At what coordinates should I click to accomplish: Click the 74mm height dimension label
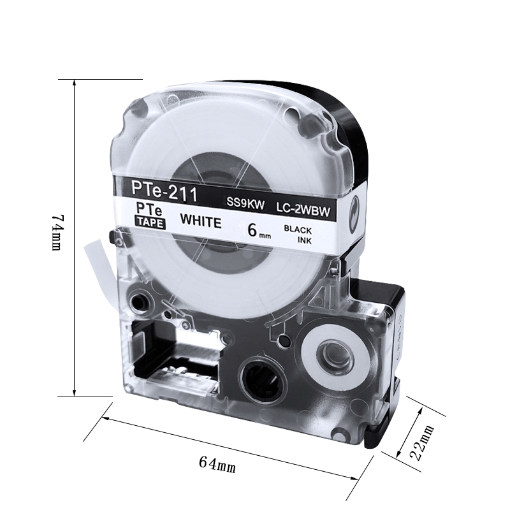coord(57,232)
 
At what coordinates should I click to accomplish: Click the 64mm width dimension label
coord(217,464)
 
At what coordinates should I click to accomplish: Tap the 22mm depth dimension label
coord(422,442)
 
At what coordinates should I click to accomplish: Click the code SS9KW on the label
coord(245,204)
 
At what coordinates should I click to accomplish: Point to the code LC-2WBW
coord(303,210)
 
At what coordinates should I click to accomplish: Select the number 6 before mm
coord(252,230)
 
